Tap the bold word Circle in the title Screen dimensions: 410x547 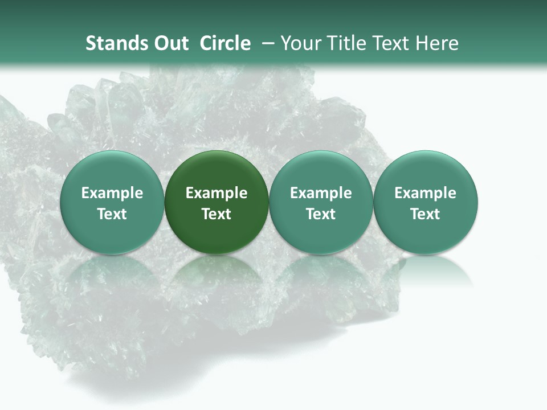tap(225, 43)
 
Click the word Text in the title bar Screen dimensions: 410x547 tap(393, 43)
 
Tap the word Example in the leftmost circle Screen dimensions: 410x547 tap(112, 193)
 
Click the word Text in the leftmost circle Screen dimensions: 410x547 tap(112, 214)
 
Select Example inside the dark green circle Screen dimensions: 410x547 tap(217, 193)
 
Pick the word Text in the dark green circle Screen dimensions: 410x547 tap(217, 214)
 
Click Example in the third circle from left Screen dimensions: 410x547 tap(321, 193)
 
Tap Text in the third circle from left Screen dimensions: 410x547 tap(321, 214)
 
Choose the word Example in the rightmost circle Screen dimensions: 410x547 tap(425, 193)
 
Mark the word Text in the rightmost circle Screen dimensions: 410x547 tap(425, 214)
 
